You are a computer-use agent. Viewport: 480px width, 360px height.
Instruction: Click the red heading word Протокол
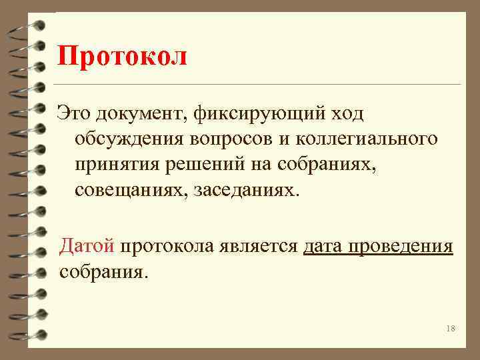click(122, 57)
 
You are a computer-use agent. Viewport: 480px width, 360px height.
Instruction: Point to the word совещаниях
click(131, 191)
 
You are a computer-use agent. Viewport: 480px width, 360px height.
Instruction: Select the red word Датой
click(87, 246)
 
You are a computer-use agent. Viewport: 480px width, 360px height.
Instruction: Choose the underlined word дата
click(324, 246)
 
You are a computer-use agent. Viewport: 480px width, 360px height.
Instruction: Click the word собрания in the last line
click(102, 273)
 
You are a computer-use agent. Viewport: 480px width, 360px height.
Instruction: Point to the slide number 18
click(450, 329)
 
